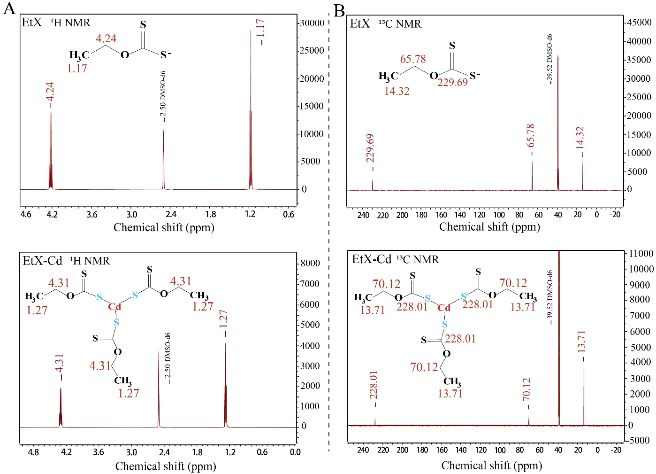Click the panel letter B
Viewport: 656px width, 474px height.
(339, 10)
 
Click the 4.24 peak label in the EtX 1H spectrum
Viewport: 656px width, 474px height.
(50, 91)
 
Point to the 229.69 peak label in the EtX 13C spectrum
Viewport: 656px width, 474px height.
(370, 148)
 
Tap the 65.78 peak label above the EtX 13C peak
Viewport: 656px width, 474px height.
(531, 135)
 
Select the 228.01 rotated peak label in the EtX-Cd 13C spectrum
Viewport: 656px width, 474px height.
(374, 385)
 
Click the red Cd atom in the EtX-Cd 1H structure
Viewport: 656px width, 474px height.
(114, 307)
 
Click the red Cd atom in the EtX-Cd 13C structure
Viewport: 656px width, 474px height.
(444, 308)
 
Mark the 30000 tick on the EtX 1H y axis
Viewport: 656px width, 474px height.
(312, 23)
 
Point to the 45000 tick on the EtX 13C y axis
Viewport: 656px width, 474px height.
(640, 23)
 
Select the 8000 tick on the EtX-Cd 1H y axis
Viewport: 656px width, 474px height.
(310, 263)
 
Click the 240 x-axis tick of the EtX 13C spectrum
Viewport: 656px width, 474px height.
(363, 215)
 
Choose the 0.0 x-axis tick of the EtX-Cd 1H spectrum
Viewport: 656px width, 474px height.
(295, 452)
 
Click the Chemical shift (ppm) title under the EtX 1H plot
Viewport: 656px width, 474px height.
(164, 227)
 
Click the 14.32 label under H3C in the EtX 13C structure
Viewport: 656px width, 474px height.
(397, 91)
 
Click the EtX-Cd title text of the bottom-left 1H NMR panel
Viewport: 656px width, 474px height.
(43, 261)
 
